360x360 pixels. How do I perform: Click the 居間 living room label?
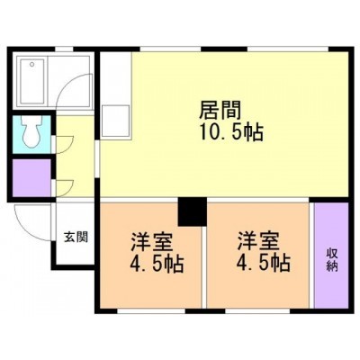click(220, 110)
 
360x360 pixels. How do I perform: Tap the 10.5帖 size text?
click(231, 132)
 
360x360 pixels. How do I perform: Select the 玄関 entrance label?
click(76, 237)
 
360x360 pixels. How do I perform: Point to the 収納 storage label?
click(332, 260)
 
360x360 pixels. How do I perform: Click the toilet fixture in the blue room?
click(31, 131)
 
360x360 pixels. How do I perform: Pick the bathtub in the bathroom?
click(32, 81)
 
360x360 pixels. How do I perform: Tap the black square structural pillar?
click(193, 211)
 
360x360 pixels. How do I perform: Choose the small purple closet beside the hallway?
click(31, 178)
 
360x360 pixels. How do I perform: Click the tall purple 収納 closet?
click(331, 255)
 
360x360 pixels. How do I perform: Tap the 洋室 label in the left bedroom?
click(151, 242)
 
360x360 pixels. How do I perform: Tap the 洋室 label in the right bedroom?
click(258, 241)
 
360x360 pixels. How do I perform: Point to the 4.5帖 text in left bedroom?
click(157, 264)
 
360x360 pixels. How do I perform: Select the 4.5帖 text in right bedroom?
click(264, 263)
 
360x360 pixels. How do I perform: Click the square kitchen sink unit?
click(115, 121)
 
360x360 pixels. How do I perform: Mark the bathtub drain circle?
click(31, 64)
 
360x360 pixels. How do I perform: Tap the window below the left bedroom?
click(151, 311)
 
